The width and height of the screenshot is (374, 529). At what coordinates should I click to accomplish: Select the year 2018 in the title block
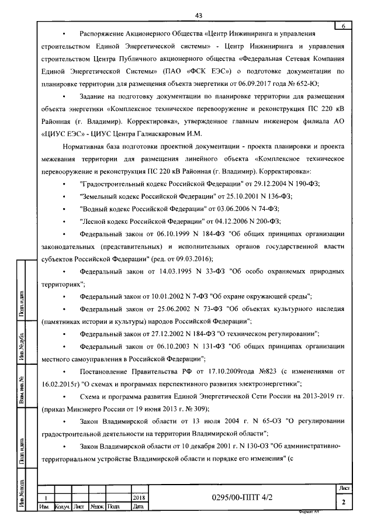tap(138, 497)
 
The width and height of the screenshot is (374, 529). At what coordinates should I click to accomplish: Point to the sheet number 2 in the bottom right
tap(344, 502)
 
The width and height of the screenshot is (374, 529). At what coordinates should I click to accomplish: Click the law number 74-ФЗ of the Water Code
tap(263, 208)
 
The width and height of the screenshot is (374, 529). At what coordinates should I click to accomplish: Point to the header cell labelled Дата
tap(138, 506)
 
